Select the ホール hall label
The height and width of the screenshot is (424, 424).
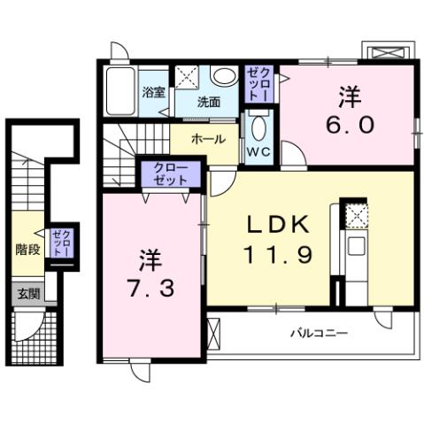pyautogui.click(x=208, y=139)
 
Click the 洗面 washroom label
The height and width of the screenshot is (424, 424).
pyautogui.click(x=209, y=102)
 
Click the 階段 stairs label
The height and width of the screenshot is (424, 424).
pyautogui.click(x=27, y=250)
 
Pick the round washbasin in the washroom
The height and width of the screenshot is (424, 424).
pyautogui.click(x=224, y=78)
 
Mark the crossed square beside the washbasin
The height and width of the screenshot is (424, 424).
pyautogui.click(x=187, y=77)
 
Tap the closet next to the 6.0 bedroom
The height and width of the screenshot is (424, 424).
pyautogui.click(x=258, y=81)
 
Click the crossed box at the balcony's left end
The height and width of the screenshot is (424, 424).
pyautogui.click(x=212, y=334)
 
